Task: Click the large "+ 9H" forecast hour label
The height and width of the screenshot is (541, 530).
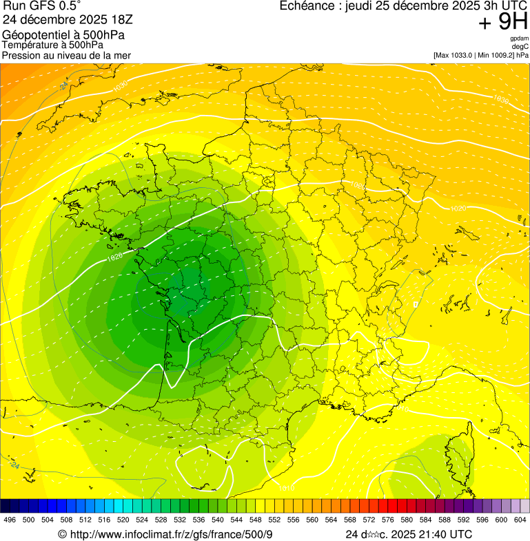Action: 503,23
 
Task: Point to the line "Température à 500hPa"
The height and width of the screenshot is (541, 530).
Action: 53,45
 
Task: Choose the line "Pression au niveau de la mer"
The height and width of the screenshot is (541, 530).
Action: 66,55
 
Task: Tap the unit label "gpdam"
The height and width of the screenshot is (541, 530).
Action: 519,39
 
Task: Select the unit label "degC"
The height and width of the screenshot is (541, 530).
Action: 520,47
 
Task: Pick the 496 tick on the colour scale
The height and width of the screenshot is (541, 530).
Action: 10,520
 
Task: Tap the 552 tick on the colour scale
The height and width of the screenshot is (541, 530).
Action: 274,520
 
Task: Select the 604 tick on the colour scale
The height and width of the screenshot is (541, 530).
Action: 520,520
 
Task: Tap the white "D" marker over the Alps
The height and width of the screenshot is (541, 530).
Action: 416,304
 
